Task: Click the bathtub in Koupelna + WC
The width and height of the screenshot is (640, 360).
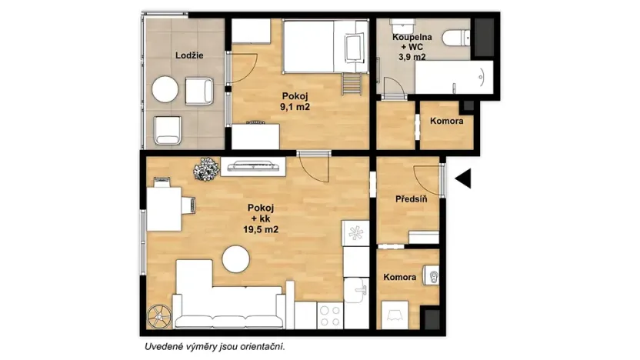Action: pos(452,77)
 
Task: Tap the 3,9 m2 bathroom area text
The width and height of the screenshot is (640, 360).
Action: pos(412,56)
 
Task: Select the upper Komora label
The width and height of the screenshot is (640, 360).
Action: pos(445,122)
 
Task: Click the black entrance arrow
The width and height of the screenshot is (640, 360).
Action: pos(462,179)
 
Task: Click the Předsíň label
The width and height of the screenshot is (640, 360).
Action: pos(412,199)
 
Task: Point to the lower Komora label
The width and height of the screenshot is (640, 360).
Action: pos(400,277)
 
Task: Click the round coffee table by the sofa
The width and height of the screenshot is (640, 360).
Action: pos(237,260)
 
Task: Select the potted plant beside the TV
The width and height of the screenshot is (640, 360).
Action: pos(206,168)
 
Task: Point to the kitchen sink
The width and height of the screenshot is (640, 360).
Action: pos(355,290)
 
